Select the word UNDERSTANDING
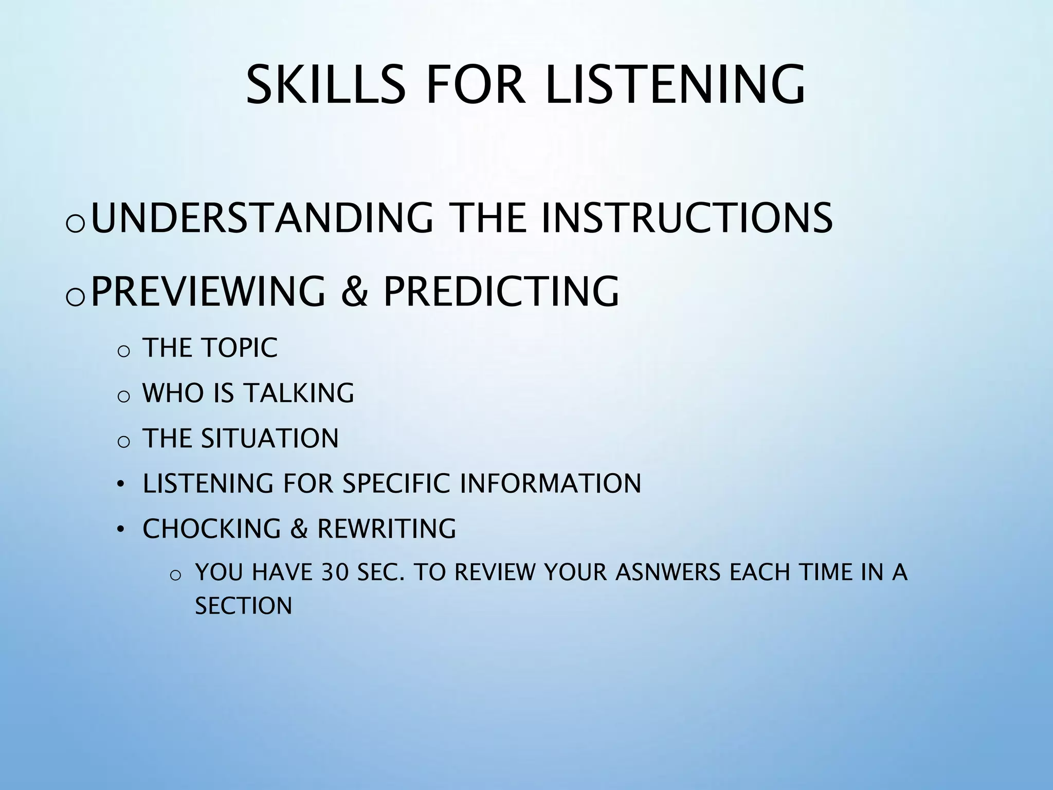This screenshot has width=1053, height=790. coord(262,218)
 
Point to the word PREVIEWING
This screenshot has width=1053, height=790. coord(208,292)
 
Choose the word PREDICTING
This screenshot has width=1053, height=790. coord(501,292)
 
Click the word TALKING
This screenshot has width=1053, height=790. coord(299,393)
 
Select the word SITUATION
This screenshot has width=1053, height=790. coord(269,439)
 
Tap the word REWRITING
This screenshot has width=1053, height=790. coord(386,529)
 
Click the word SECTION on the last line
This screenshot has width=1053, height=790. coord(243,606)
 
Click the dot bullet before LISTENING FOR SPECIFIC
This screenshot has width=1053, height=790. coord(120,484)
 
